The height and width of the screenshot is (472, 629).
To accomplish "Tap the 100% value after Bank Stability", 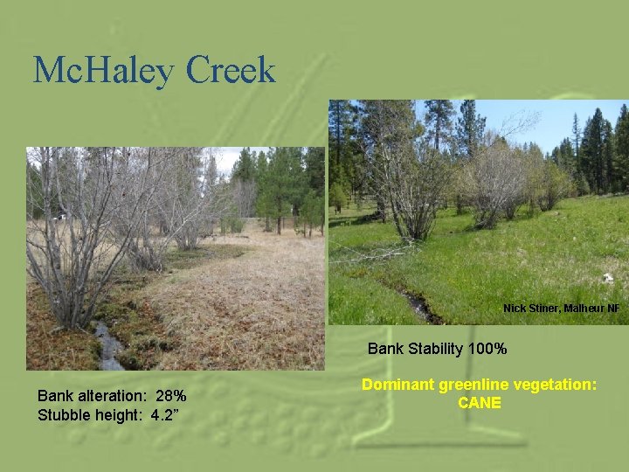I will click(487, 349).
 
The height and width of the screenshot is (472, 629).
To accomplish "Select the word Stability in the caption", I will click(434, 349).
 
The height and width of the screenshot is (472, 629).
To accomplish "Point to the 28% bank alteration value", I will click(171, 396).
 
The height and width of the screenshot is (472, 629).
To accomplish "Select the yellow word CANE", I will click(480, 403).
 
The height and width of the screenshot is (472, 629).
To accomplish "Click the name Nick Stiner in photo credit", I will click(530, 309).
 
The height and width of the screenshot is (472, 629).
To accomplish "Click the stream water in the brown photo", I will click(108, 345).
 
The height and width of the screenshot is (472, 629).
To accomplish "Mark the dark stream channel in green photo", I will click(418, 306).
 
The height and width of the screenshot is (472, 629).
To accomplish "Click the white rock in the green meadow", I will click(607, 278).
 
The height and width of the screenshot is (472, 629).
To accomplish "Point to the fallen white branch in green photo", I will click(367, 253).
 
